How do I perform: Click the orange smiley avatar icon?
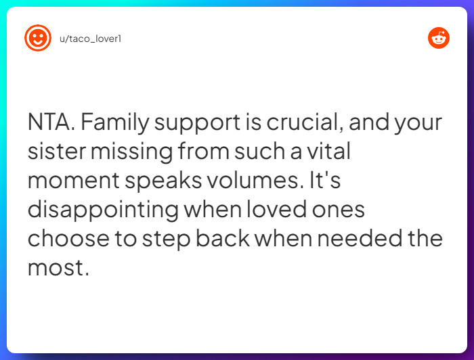[x=38, y=38]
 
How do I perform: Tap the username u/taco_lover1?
[x=90, y=39]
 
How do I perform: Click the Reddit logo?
[x=439, y=38]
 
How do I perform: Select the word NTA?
[x=52, y=123]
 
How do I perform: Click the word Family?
[x=119, y=123]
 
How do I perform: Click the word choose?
[x=68, y=240]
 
